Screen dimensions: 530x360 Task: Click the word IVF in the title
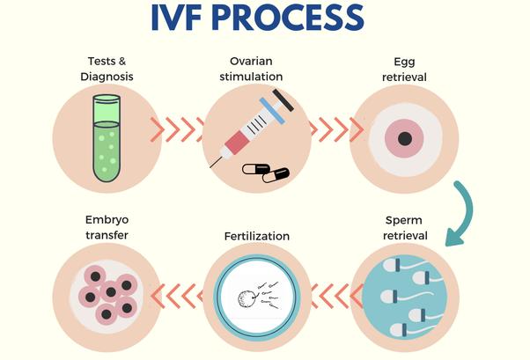pyautogui.click(x=178, y=18)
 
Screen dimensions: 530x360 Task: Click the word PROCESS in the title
pyautogui.click(x=288, y=18)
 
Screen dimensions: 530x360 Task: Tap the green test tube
pyautogui.click(x=107, y=138)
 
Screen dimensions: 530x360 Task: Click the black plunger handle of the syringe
pyautogui.click(x=283, y=99)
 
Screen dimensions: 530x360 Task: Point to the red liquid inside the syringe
pyautogui.click(x=237, y=143)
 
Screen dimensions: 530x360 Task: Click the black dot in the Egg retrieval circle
pyautogui.click(x=405, y=138)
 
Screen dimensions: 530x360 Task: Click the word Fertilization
pyautogui.click(x=257, y=236)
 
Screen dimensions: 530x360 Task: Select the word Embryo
pyautogui.click(x=107, y=220)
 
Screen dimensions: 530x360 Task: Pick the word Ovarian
pyautogui.click(x=251, y=62)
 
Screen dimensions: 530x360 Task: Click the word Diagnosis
pyautogui.click(x=107, y=77)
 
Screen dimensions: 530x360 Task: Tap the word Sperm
pyautogui.click(x=403, y=220)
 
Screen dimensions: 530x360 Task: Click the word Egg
pyautogui.click(x=404, y=62)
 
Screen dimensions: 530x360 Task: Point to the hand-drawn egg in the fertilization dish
pyautogui.click(x=246, y=298)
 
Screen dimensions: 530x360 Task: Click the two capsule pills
pyautogui.click(x=266, y=173)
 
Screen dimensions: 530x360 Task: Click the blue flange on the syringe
pyautogui.click(x=272, y=111)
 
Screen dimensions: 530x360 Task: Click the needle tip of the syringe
pyautogui.click(x=210, y=167)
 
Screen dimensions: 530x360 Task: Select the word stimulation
pyautogui.click(x=251, y=77)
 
